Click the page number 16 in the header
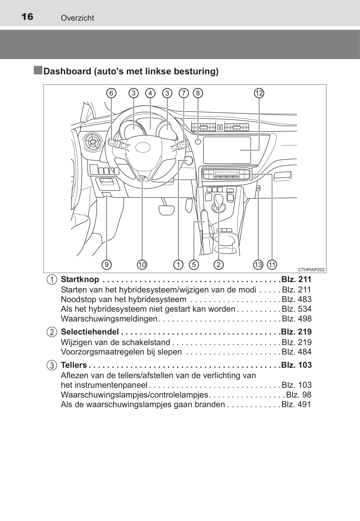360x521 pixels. pyautogui.click(x=27, y=17)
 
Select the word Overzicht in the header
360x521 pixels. pyautogui.click(x=77, y=18)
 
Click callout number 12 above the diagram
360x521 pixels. pyautogui.click(x=259, y=93)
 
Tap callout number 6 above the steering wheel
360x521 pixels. pyautogui.click(x=111, y=93)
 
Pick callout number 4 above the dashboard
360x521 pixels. pyautogui.click(x=150, y=93)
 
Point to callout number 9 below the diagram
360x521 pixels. pyautogui.click(x=107, y=265)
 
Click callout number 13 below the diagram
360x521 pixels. pyautogui.click(x=258, y=265)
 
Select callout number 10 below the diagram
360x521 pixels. pyautogui.click(x=142, y=265)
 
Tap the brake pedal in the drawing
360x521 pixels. pyautogui.click(x=167, y=209)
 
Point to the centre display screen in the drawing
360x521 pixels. pyautogui.click(x=227, y=150)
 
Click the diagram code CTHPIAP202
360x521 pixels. pyautogui.click(x=311, y=270)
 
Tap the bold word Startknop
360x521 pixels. pyautogui.click(x=80, y=279)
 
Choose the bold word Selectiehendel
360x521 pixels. pyautogui.click(x=90, y=332)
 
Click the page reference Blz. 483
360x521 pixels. pyautogui.click(x=296, y=299)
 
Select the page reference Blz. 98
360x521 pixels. pyautogui.click(x=299, y=395)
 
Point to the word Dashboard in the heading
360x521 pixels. pyautogui.click(x=67, y=72)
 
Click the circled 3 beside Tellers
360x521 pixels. pyautogui.click(x=52, y=365)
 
